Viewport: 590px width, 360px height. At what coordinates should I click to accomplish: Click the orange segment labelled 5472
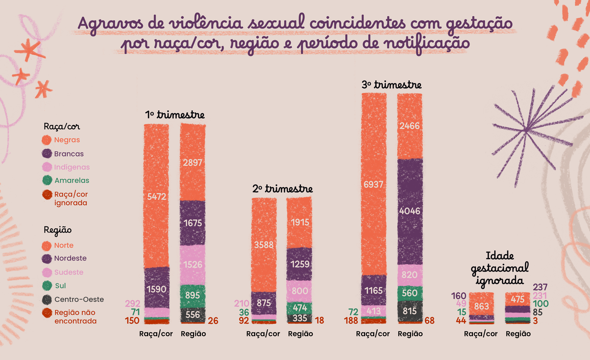156,196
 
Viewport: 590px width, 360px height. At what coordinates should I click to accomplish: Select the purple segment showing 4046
410,211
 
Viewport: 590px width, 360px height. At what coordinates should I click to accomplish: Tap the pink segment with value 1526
193,264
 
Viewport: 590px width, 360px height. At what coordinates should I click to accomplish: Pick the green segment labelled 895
193,295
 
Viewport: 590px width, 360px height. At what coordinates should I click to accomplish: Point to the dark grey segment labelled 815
410,311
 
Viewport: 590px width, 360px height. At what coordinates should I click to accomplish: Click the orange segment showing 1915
300,222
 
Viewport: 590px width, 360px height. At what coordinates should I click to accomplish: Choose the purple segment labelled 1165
374,291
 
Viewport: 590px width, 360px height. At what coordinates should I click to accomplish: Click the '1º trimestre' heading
175,115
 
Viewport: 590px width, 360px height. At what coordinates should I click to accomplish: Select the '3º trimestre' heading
391,85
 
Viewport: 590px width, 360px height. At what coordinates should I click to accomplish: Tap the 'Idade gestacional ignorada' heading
500,268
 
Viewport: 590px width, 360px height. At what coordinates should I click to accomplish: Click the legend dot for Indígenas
47,167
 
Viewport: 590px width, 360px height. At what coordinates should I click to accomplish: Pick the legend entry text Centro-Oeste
79,299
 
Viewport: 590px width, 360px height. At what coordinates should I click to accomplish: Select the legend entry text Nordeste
70,258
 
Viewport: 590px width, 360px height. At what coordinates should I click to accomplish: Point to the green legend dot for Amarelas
47,180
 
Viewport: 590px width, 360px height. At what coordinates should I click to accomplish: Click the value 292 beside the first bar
132,303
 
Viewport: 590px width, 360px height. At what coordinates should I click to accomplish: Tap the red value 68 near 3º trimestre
429,321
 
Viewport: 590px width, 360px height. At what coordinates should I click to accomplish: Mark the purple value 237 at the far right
540,287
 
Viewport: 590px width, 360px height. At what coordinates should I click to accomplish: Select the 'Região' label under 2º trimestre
300,334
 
